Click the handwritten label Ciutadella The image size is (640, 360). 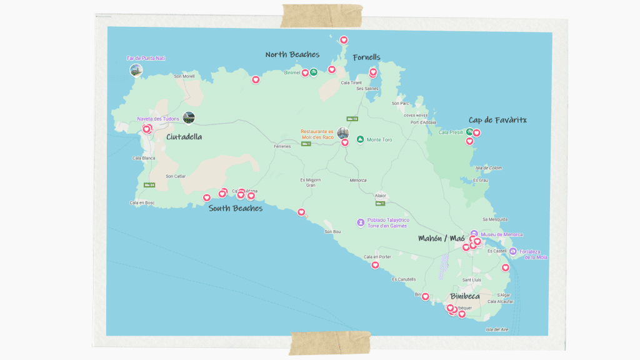[x=184, y=136]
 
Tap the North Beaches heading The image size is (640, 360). [x=292, y=55]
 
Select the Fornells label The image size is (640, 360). [x=366, y=57]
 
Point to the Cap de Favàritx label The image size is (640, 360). [x=497, y=120]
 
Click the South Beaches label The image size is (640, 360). [x=236, y=208]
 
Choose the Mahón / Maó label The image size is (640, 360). [x=442, y=238]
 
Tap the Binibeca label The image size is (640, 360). [x=464, y=296]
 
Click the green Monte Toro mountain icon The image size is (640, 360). [x=360, y=139]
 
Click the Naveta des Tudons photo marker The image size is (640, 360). [x=188, y=117]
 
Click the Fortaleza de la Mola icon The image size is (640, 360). [x=513, y=251]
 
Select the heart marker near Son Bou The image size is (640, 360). [x=301, y=212]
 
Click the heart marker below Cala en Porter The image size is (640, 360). [x=375, y=265]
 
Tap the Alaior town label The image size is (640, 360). [x=380, y=196]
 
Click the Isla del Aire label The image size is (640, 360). [x=497, y=329]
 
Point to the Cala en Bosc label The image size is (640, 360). [x=142, y=202]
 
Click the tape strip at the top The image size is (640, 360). [x=322, y=15]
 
